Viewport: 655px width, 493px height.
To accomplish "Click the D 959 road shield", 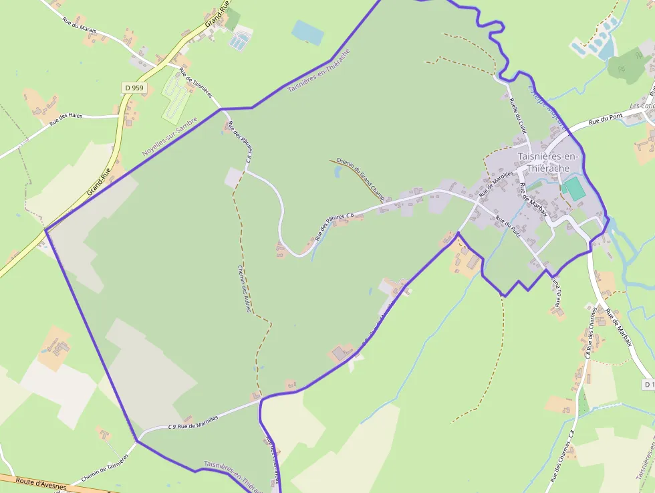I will coord(134,88).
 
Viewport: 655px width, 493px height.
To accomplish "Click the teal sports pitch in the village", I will coord(573,189).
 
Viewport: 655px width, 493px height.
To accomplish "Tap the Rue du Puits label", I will coord(508,228).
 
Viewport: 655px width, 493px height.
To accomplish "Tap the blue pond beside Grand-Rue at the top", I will coord(307,31).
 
